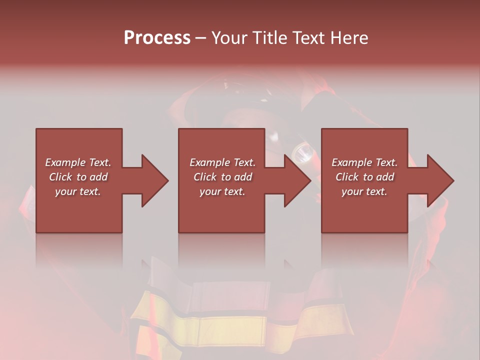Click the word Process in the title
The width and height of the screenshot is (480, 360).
click(x=157, y=38)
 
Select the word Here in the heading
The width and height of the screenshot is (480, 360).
click(x=349, y=38)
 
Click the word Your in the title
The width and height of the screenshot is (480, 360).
click(x=231, y=38)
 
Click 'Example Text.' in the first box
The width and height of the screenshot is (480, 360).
click(x=78, y=162)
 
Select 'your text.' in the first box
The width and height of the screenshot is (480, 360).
click(x=78, y=191)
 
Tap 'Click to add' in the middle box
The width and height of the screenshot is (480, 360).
click(x=222, y=177)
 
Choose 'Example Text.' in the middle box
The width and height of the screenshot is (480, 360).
click(x=222, y=162)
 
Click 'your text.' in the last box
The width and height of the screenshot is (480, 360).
click(x=364, y=191)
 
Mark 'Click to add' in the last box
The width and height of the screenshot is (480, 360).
click(x=364, y=177)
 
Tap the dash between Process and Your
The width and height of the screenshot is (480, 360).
click(x=200, y=38)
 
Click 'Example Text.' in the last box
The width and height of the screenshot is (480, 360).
click(x=364, y=162)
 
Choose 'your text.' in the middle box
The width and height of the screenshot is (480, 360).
click(x=222, y=191)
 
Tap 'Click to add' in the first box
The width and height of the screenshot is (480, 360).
click(x=78, y=177)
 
